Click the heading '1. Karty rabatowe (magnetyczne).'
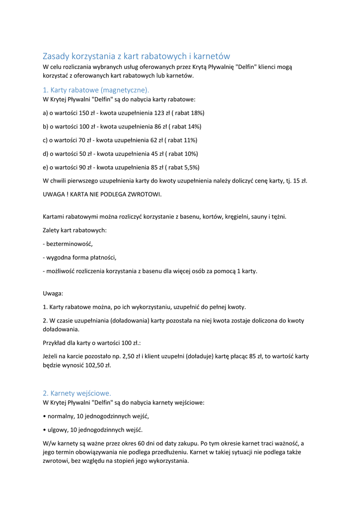[96, 90]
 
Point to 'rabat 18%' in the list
[189, 113]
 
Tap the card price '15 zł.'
[299, 181]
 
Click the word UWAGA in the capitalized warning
[53, 194]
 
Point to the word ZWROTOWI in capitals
[144, 194]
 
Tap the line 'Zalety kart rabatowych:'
[75, 230]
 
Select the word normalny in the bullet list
[61, 416]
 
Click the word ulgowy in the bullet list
[58, 430]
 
